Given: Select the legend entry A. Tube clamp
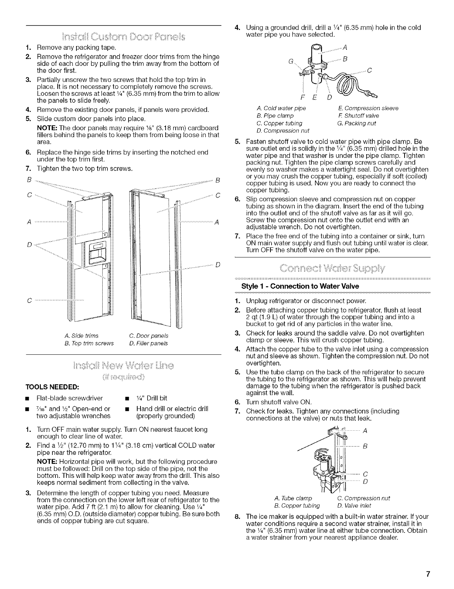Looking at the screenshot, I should coord(293,498).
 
